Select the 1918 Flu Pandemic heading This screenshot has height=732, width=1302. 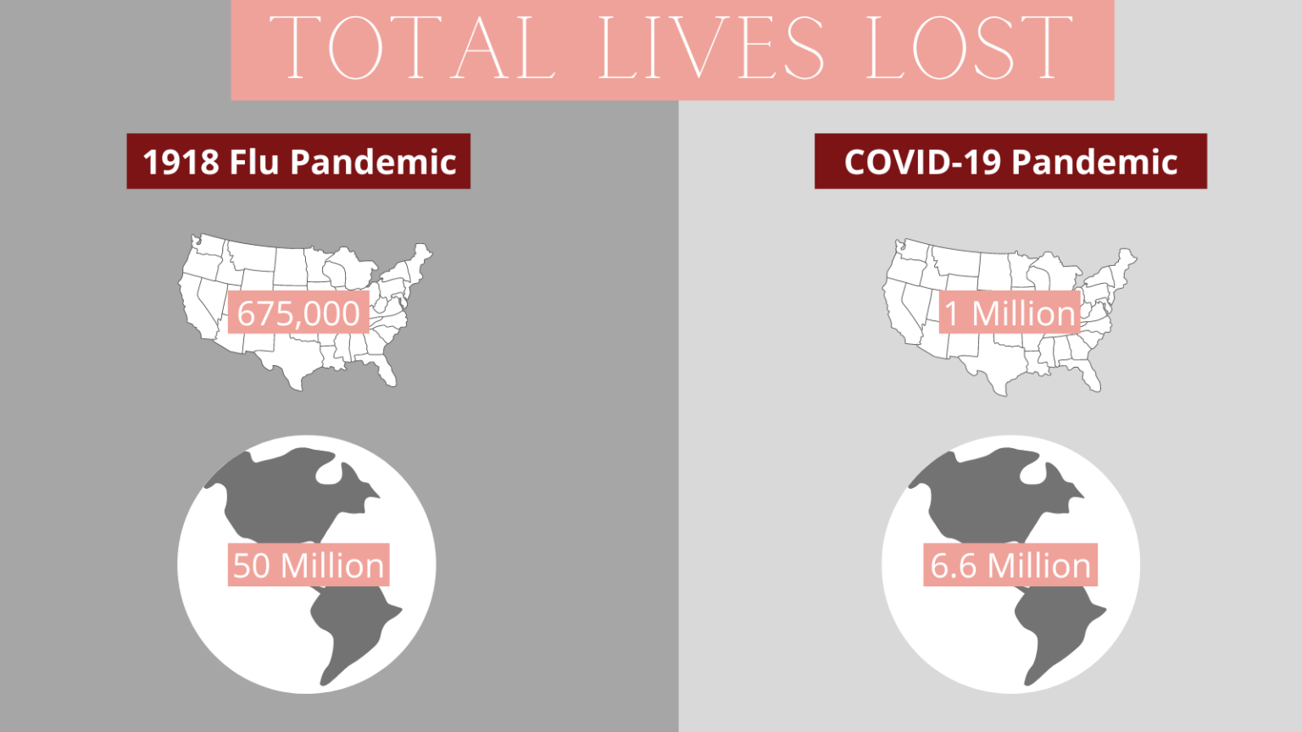tap(298, 161)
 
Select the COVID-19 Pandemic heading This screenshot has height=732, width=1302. tap(1010, 161)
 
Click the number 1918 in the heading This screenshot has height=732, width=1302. tap(181, 162)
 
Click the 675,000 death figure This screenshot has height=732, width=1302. tap(298, 313)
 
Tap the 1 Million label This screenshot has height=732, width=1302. tap(1010, 313)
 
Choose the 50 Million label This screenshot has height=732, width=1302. tap(309, 565)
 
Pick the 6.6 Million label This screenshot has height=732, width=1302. tap(1010, 565)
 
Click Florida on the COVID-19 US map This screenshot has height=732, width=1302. tap(1092, 376)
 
